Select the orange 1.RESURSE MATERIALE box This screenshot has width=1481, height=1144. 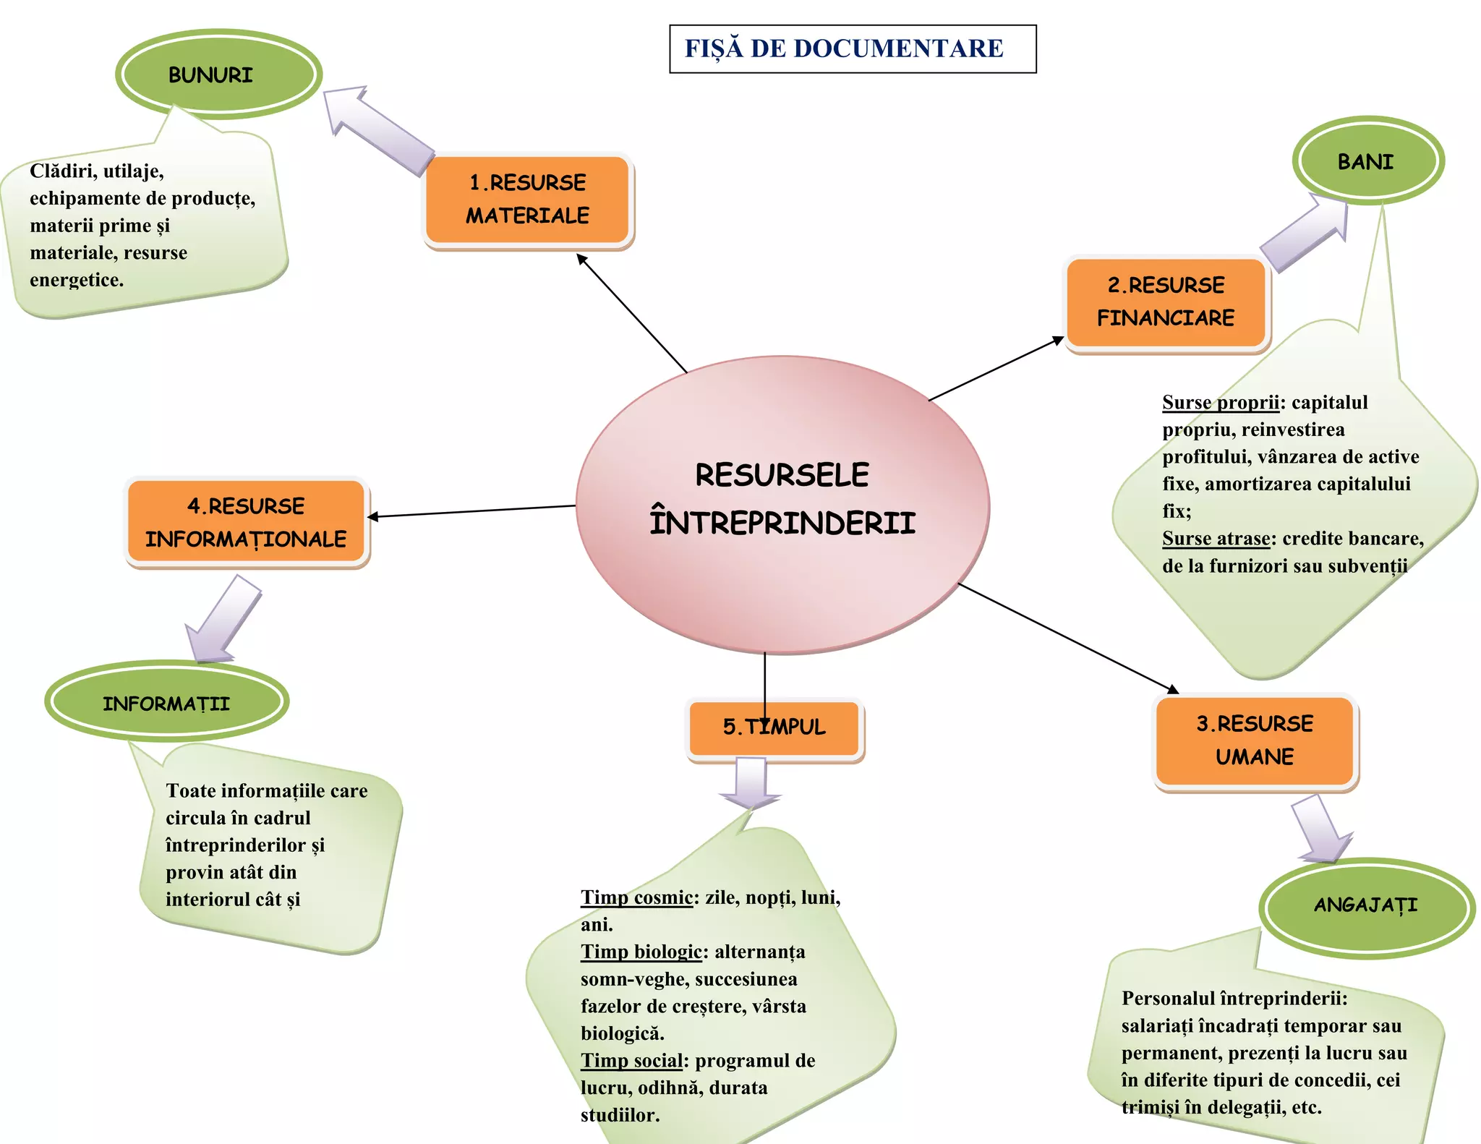pyautogui.click(x=528, y=200)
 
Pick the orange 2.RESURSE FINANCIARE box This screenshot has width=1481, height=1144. pyautogui.click(x=1166, y=302)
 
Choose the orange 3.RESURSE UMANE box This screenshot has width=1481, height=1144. pyautogui.click(x=1255, y=740)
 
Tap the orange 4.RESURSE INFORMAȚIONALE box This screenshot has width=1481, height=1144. pyautogui.click(x=246, y=522)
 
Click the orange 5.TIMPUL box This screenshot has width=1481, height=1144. pyautogui.click(x=774, y=727)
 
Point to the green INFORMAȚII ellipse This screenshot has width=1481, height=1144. pyautogui.click(x=166, y=702)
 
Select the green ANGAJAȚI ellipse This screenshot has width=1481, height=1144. pyautogui.click(x=1366, y=906)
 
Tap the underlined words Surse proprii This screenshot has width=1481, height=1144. pyautogui.click(x=1220, y=403)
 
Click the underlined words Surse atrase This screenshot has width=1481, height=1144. pyautogui.click(x=1216, y=539)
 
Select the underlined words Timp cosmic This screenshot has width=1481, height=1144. pyautogui.click(x=636, y=898)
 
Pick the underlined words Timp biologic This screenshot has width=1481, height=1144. pyautogui.click(x=641, y=952)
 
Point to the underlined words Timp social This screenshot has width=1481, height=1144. pyautogui.click(x=631, y=1061)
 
